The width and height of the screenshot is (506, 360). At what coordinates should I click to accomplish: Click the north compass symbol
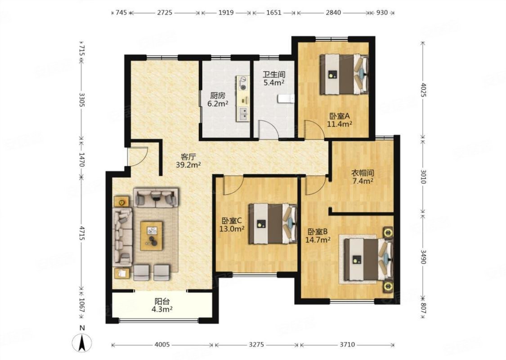[x=82, y=342]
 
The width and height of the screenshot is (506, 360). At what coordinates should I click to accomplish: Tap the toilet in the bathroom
[x=286, y=99]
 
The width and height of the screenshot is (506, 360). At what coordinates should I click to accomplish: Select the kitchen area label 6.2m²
[x=218, y=103]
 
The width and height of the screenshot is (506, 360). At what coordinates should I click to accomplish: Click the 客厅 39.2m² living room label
[x=188, y=161]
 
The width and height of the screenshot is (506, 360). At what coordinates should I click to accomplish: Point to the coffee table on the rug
[x=152, y=235]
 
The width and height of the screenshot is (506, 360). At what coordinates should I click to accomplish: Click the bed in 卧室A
[x=344, y=74]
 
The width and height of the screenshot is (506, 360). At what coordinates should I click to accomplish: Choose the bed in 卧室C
[x=273, y=224]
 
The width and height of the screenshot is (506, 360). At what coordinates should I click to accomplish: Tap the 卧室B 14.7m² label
[x=318, y=236]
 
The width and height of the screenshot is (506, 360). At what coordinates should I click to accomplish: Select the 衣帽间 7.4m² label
[x=363, y=177]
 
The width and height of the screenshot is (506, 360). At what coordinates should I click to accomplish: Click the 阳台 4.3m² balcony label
[x=162, y=306]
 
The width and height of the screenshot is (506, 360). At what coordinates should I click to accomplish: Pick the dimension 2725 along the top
[x=165, y=13]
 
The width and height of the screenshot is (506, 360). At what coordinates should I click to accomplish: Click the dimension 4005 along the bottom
[x=162, y=345]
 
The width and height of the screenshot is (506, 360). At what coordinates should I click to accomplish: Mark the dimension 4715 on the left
[x=82, y=233]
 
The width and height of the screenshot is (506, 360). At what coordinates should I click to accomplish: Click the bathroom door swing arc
[x=269, y=129]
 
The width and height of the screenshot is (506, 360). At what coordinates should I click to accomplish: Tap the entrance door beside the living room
[x=138, y=157]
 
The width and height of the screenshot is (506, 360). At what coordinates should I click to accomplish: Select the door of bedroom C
[x=233, y=186]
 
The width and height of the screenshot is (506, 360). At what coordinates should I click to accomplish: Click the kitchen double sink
[x=243, y=114]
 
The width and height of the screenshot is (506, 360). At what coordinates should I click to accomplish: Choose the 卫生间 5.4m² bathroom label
[x=274, y=78]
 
